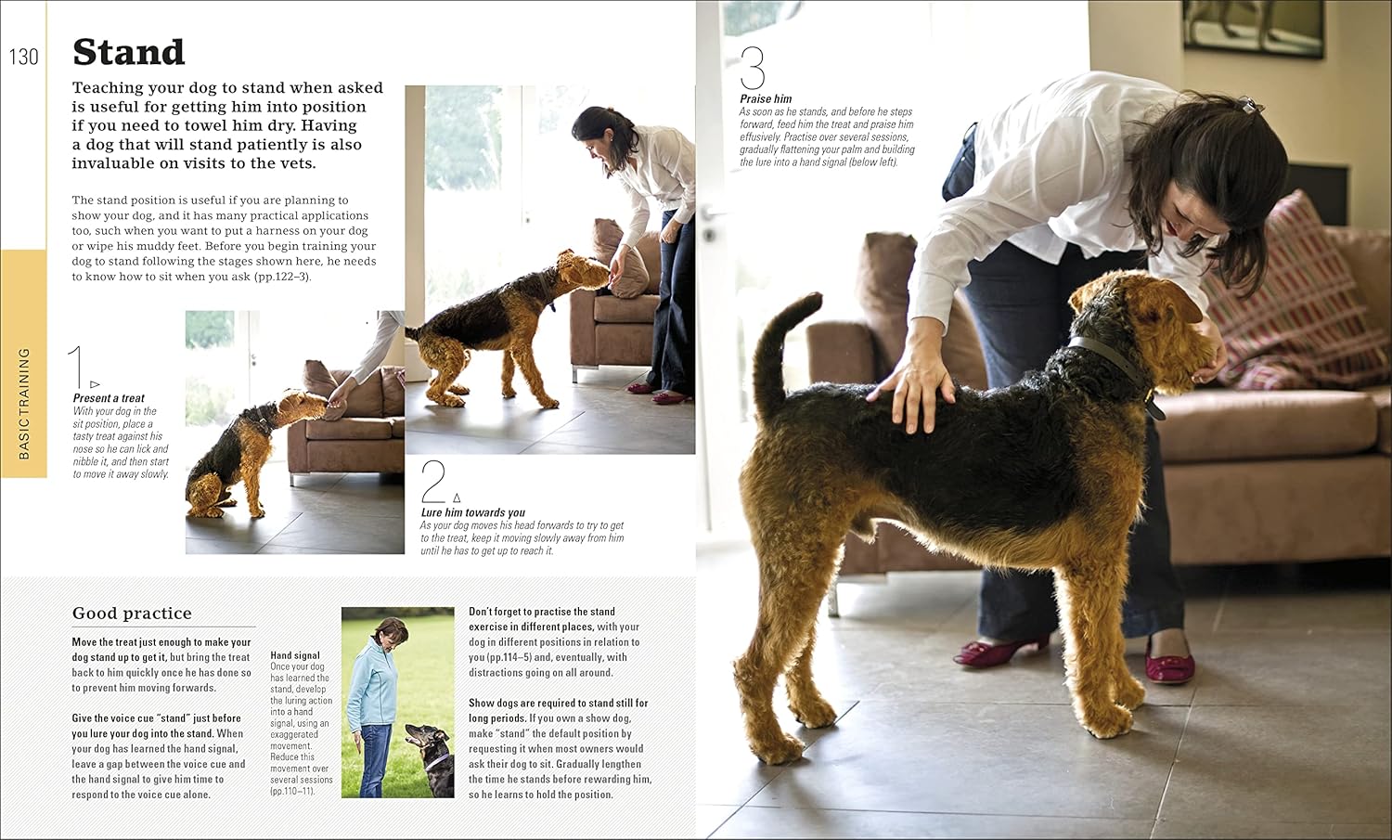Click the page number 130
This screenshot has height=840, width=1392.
(23, 58)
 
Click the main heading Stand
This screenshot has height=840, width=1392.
(129, 53)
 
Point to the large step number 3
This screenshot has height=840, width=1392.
(753, 68)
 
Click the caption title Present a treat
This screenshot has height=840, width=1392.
(109, 398)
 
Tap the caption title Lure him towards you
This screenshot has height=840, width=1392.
(472, 512)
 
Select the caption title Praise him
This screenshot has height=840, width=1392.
(766, 99)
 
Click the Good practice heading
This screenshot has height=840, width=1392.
(132, 614)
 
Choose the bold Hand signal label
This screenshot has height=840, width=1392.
(295, 655)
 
